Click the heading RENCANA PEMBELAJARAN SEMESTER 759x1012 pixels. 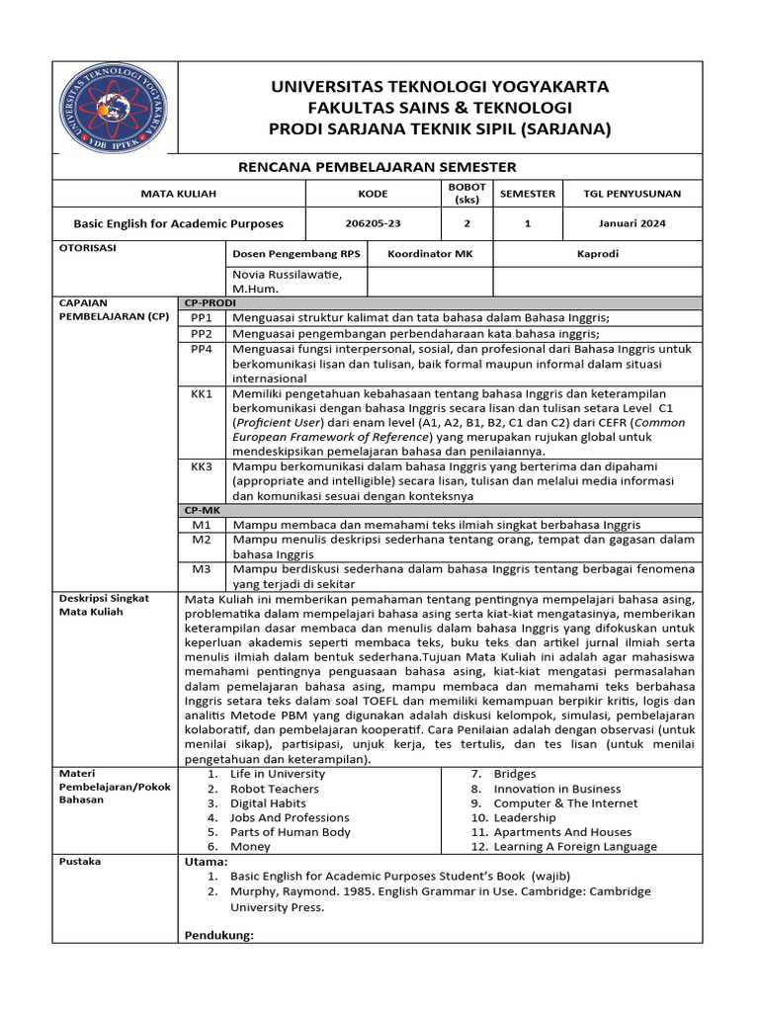[379, 167]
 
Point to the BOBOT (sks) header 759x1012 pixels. [466, 193]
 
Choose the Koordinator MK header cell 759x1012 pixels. [430, 254]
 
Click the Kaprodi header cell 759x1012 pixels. [598, 254]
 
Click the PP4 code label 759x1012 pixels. [202, 349]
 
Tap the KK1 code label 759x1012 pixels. [202, 393]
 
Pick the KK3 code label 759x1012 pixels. [202, 465]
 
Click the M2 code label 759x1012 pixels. [202, 540]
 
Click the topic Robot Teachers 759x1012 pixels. [275, 789]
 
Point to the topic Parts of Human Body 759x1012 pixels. [291, 832]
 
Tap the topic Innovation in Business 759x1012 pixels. [557, 789]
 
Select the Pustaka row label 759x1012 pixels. [80, 862]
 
